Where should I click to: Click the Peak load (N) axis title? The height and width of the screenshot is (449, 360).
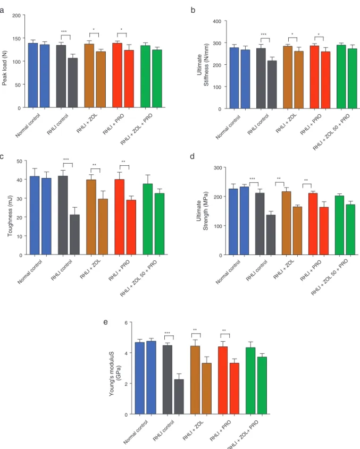pos(4,68)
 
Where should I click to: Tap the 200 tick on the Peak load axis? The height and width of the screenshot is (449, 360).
pos(16,15)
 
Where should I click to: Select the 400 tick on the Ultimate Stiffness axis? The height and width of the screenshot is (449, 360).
pos(217,21)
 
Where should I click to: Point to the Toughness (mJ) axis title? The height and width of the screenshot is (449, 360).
pos(10,216)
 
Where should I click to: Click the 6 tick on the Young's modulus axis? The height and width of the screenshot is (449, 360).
pos(126,323)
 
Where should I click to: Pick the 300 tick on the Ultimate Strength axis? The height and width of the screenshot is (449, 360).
pos(218,167)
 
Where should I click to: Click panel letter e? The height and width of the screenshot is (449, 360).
pos(105,322)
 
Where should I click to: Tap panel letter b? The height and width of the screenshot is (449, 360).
pos(193,10)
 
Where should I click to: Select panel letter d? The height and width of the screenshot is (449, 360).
pos(192,156)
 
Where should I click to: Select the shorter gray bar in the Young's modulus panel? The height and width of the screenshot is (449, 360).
pos(179,396)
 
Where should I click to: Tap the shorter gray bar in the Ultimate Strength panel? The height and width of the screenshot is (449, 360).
pos(271,235)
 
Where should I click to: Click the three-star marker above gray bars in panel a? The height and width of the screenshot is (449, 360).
pos(64,31)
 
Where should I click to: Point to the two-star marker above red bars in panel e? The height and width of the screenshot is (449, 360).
pos(224,331)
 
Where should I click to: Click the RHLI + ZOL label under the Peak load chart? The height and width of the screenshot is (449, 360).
pos(87,123)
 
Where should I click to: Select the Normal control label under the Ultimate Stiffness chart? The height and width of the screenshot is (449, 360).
pos(228,127)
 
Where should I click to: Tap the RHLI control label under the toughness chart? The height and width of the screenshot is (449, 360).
pos(61,270)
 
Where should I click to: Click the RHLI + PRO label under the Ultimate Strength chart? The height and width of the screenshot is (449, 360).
pos(311,270)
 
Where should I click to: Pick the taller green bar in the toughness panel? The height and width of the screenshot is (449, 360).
pos(148,219)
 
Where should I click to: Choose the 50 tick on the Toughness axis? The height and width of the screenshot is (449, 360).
pos(20,161)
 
